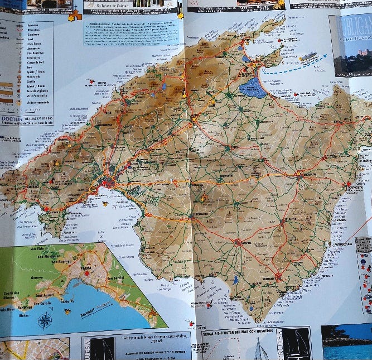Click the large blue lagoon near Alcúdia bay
point(253,88)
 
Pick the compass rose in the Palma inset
point(45,321)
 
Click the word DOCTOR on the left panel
point(11,119)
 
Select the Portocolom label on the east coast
point(341,244)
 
